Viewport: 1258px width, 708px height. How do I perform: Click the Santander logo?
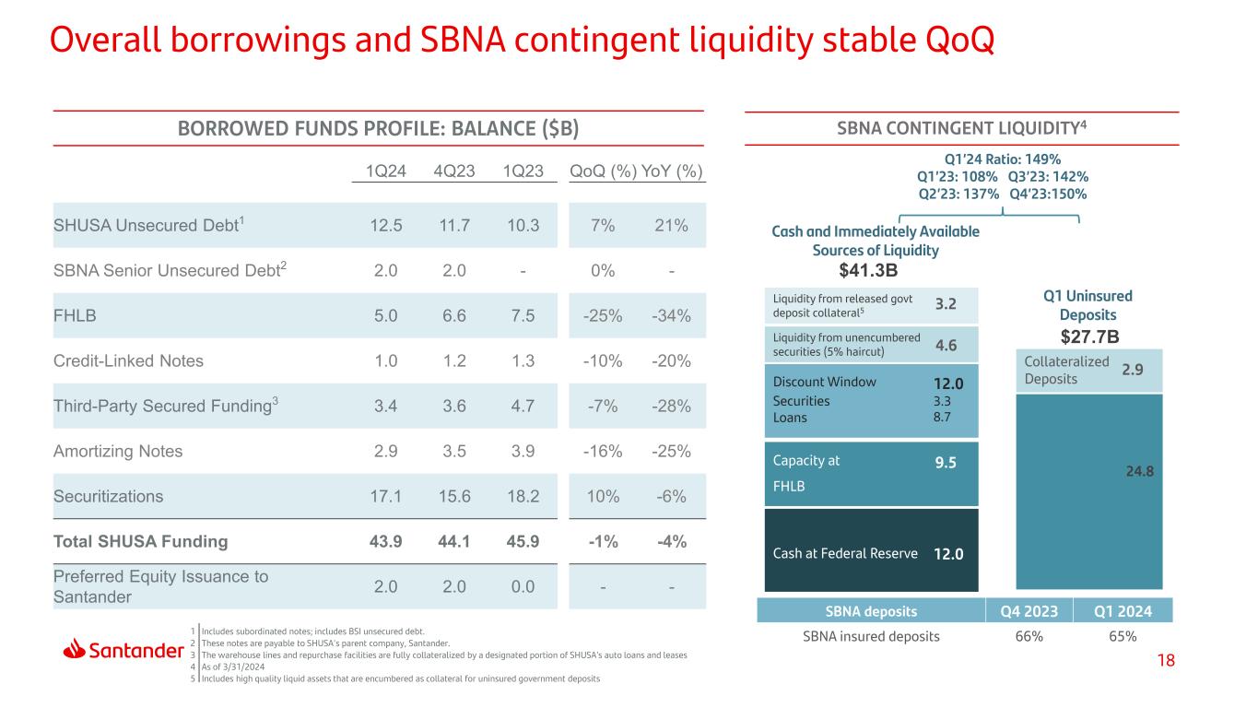tap(123, 650)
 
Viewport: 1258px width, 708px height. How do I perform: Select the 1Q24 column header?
tap(385, 171)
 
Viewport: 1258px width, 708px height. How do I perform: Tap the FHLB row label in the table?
tap(75, 315)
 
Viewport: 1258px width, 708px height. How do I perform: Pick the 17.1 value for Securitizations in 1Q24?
tap(385, 496)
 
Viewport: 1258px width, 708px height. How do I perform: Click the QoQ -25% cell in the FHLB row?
tap(603, 316)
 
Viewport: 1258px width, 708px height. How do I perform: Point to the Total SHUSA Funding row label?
tap(140, 541)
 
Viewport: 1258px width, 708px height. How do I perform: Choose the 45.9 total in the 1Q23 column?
tap(523, 541)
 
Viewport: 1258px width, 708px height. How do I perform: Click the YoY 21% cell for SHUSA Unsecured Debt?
tap(671, 225)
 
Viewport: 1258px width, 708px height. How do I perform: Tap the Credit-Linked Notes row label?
tap(128, 360)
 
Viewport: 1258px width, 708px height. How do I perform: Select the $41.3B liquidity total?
tap(868, 270)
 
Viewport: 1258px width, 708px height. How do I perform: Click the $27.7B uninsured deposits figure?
tap(1089, 336)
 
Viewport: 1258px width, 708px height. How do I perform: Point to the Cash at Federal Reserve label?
tap(844, 553)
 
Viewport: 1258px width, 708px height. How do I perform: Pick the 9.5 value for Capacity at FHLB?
tap(946, 463)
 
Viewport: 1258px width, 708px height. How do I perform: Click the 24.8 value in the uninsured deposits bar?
tap(1139, 471)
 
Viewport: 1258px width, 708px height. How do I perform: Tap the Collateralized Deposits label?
tap(1066, 370)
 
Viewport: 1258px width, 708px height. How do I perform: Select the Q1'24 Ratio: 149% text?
tap(1003, 159)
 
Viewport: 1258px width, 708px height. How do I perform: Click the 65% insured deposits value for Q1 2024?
tap(1123, 636)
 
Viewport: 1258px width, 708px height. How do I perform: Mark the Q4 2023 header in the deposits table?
tap(1029, 611)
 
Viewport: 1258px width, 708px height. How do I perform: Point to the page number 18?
tap(1166, 660)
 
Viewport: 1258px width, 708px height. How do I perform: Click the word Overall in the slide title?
tap(106, 40)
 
